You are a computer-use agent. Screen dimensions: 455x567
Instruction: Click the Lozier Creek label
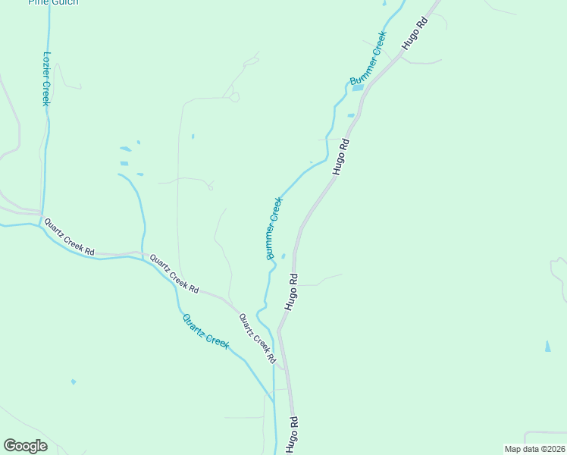click(46, 79)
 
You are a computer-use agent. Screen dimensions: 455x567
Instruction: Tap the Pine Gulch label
click(53, 2)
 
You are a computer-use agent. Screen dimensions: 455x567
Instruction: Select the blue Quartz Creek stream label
click(205, 331)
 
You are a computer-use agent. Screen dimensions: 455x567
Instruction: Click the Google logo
click(25, 446)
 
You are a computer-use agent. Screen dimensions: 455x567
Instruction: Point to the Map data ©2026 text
click(534, 448)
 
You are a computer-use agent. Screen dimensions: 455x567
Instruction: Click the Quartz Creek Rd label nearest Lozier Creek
click(69, 237)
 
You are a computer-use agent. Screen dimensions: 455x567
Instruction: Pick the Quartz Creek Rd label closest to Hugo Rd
click(256, 338)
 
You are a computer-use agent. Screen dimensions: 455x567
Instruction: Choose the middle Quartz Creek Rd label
click(174, 274)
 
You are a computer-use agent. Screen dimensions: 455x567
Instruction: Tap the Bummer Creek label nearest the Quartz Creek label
click(274, 228)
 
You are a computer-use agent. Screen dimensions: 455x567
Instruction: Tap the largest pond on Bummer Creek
click(357, 87)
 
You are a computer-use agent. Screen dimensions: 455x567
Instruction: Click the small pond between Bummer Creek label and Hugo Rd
click(283, 256)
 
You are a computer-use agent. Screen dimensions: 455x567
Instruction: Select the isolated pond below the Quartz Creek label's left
click(73, 381)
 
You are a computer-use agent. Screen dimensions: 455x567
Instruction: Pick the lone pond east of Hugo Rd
click(547, 346)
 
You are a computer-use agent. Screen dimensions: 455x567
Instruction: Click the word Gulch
click(66, 2)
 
